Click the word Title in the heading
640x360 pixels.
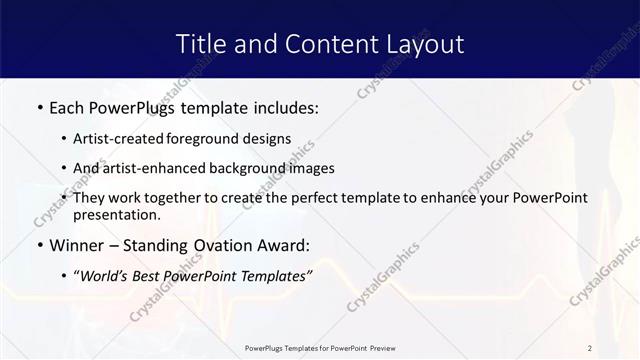pos(201,44)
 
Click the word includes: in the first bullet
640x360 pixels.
pos(283,107)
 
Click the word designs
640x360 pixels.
pos(269,138)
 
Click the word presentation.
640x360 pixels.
pos(118,214)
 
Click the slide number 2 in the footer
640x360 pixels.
pos(590,347)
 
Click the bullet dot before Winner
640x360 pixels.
pos(39,245)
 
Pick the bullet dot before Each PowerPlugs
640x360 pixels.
pos(39,107)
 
